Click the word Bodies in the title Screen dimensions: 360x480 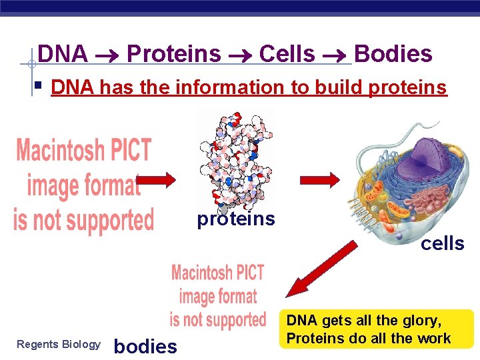[393, 54]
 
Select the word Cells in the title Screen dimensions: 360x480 [287, 54]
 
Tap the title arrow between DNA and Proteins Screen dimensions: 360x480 [107, 55]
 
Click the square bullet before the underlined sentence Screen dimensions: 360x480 [40, 85]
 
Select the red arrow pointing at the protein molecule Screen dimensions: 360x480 [157, 179]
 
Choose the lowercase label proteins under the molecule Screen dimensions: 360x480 [236, 219]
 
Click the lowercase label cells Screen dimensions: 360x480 [443, 244]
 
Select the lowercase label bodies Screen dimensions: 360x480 [145, 346]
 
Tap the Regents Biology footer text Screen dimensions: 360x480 [58, 345]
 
